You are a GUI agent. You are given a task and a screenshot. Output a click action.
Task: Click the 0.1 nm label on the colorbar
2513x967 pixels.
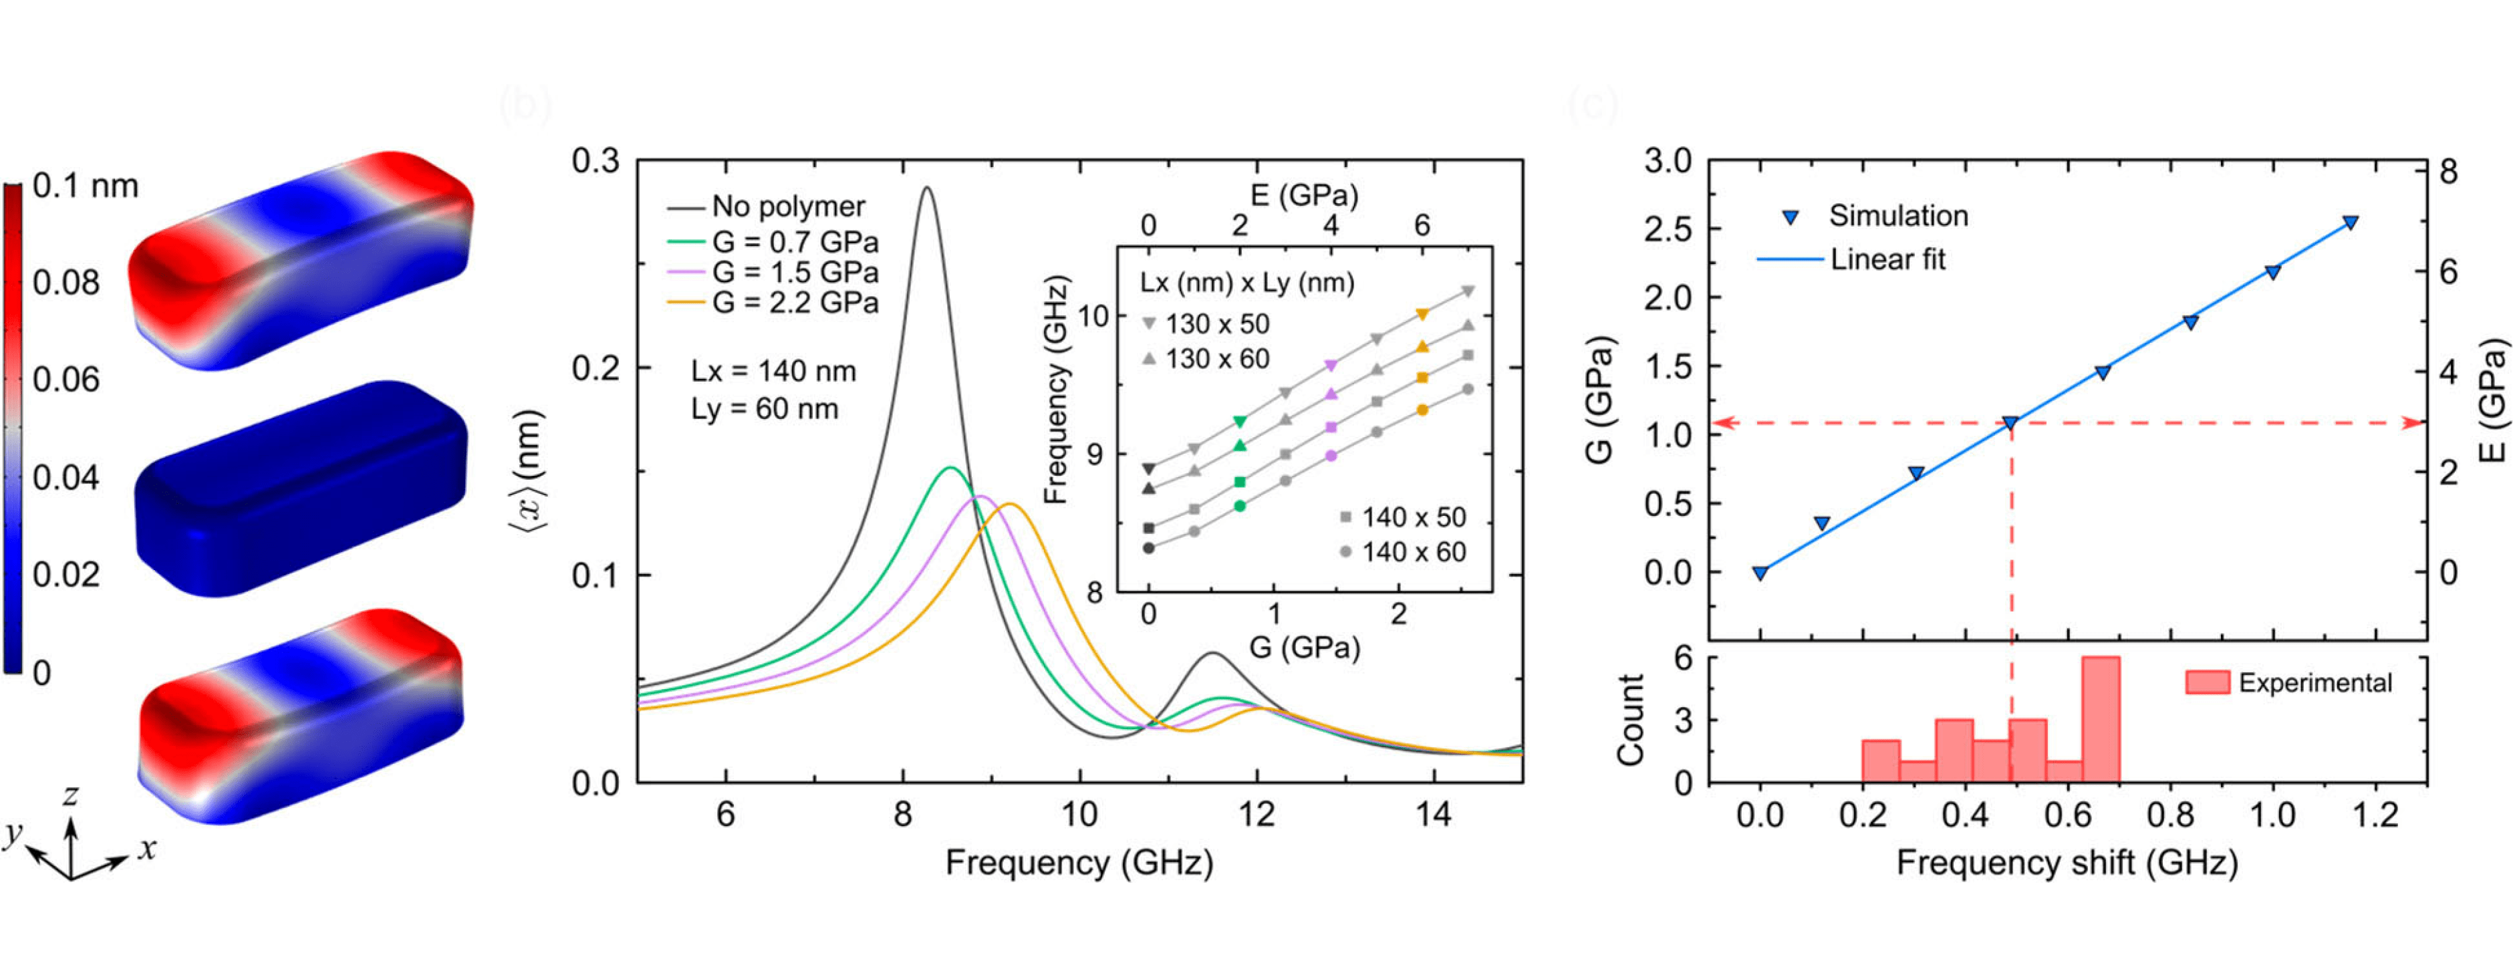click(85, 185)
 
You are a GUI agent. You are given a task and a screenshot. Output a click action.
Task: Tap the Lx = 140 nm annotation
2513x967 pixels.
click(773, 372)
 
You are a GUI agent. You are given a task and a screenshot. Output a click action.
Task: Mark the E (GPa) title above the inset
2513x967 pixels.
click(1305, 195)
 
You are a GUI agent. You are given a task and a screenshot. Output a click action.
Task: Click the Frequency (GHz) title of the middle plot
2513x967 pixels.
click(1079, 863)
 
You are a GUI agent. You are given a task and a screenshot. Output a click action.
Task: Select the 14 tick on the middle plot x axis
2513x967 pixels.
click(1433, 815)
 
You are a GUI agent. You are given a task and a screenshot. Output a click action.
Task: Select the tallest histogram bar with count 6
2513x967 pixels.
click(2101, 720)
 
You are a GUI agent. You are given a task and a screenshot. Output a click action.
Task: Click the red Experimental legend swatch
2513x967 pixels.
click(2208, 682)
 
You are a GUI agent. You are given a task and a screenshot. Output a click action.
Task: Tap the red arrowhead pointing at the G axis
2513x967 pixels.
click(1723, 422)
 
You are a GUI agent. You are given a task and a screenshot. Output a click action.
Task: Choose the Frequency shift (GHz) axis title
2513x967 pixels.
click(2066, 863)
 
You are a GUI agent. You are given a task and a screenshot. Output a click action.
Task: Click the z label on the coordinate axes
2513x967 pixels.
click(70, 796)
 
